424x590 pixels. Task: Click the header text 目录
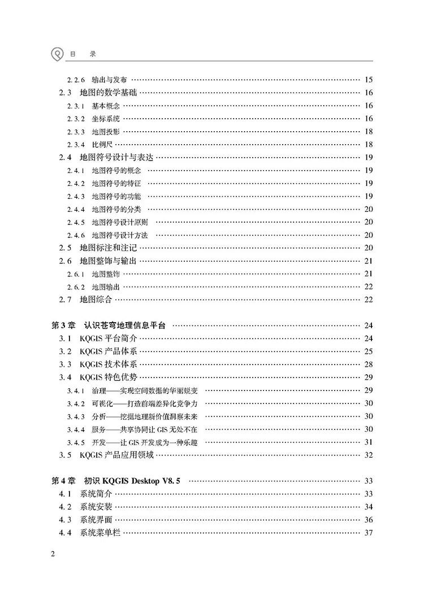point(83,54)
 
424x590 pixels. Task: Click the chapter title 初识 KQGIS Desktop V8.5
point(131,481)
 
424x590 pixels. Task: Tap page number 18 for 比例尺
point(369,145)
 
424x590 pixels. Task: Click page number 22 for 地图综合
point(369,300)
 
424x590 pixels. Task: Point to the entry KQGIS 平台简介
point(109,339)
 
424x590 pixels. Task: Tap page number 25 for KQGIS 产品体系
point(369,352)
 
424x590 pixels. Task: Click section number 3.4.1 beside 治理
point(75,391)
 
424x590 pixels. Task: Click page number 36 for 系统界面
point(369,520)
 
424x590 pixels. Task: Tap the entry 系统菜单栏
point(100,533)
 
